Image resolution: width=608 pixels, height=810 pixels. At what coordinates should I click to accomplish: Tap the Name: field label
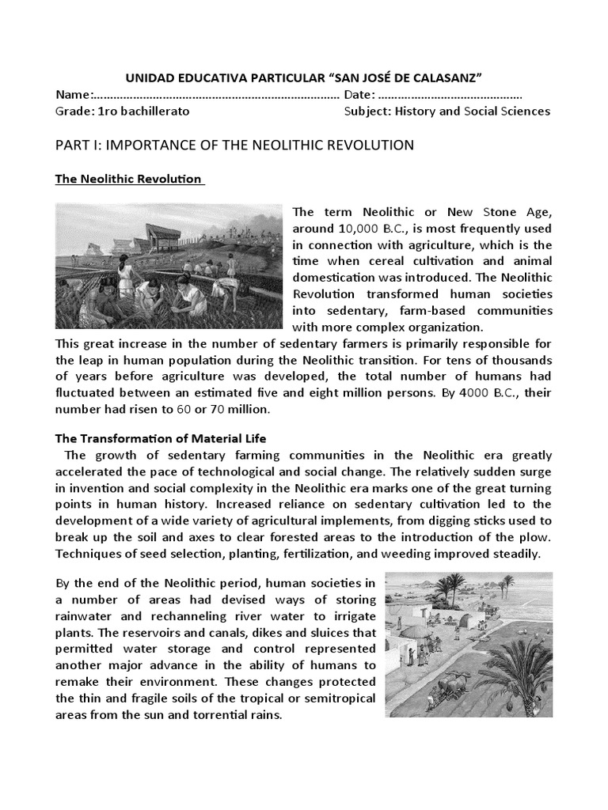(74, 95)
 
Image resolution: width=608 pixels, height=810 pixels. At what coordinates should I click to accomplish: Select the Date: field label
(361, 95)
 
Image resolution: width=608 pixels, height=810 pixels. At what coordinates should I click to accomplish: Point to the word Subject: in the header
(368, 112)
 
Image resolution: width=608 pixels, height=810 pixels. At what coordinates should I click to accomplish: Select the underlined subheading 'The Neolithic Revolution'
(129, 180)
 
